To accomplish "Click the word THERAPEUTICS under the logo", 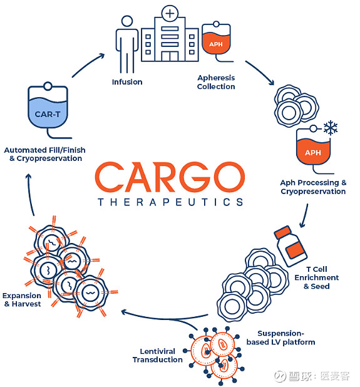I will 170,202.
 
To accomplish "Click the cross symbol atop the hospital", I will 169,13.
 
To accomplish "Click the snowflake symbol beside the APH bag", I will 330,128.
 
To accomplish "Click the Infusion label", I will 127,82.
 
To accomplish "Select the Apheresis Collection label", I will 216,82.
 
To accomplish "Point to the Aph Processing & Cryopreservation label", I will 313,187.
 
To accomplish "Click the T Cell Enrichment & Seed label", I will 321,277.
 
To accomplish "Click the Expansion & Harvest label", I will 22,299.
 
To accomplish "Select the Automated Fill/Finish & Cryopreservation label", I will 44,154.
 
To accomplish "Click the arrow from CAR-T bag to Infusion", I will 88,64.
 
